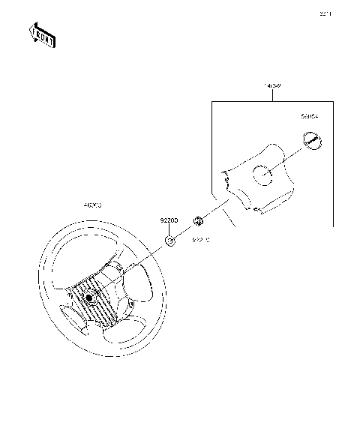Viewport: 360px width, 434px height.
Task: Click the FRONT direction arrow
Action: point(42,34)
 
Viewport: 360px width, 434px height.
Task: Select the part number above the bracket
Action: point(272,86)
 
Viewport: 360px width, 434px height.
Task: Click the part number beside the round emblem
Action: point(308,117)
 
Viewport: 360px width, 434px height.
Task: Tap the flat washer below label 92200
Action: point(169,241)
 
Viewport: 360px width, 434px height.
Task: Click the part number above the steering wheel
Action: point(92,204)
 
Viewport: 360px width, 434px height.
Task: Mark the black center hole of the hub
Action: point(88,298)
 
